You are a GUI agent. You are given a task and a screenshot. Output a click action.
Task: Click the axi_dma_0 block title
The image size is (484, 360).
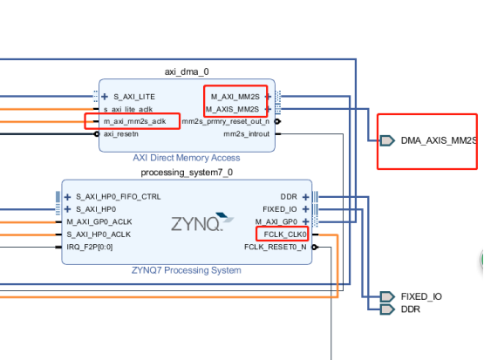[187, 71]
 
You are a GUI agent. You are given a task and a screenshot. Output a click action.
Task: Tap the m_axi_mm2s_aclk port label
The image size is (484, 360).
[134, 121]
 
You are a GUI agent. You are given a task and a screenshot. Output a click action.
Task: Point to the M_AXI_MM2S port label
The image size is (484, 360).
[235, 96]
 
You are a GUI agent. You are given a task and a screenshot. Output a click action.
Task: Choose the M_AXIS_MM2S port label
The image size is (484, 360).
[233, 109]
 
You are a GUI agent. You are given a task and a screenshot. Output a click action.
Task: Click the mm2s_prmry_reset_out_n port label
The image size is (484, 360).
[227, 121]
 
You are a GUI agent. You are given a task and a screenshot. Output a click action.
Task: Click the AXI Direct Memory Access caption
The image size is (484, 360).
[187, 158]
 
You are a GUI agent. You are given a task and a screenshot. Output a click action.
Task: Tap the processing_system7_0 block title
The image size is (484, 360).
[187, 172]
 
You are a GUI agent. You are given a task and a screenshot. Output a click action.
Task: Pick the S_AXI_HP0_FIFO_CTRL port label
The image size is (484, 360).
[118, 196]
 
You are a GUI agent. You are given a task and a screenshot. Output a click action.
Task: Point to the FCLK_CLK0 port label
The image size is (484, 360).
[283, 234]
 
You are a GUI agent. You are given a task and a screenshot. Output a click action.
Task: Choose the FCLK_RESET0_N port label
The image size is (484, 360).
[275, 247]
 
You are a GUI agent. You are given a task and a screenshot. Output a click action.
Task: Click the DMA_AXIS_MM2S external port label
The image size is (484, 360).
[439, 140]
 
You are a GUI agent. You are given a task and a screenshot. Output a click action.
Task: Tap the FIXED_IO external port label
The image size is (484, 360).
[421, 297]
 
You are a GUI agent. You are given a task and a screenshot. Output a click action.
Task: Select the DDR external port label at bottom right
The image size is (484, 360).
[411, 309]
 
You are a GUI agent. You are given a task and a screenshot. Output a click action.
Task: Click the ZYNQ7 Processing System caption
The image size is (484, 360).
[187, 270]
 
